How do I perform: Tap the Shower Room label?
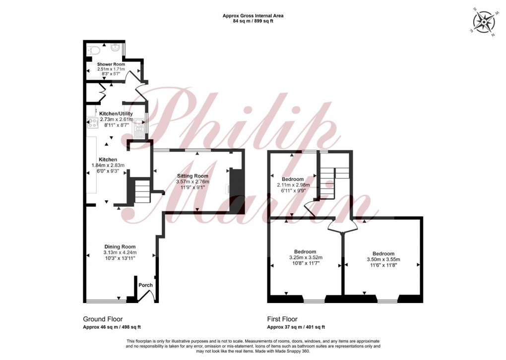coord(111,64)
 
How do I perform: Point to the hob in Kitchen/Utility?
coord(93,123)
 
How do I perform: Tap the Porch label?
coord(145,285)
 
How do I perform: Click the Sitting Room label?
coord(192,176)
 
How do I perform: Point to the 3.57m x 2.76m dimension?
coord(192,181)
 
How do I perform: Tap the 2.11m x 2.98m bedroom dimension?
coord(293,185)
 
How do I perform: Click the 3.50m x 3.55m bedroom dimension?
coord(383,259)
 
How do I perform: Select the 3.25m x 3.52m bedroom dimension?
coord(305,257)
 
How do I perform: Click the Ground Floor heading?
coord(103,319)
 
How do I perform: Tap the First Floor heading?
coord(282,319)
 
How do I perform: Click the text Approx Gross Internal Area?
coord(253,15)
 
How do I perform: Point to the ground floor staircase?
coord(142,191)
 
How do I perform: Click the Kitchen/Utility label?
coord(116,114)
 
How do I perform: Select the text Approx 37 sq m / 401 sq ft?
coord(296,327)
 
